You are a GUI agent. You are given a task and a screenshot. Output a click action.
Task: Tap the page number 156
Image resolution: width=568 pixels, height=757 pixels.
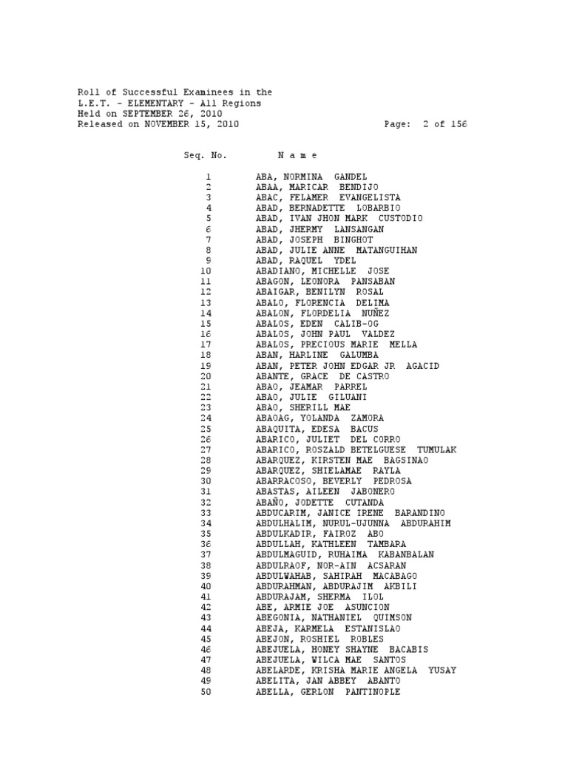[459, 125]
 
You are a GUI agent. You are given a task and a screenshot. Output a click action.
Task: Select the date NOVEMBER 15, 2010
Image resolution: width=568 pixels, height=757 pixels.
[192, 125]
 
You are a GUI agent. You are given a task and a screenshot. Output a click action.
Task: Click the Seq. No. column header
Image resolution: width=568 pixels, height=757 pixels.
[206, 156]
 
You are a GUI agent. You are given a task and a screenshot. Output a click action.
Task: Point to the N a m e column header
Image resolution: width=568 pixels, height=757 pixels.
[297, 156]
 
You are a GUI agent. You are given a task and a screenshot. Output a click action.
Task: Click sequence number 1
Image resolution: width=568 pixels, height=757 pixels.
[209, 177]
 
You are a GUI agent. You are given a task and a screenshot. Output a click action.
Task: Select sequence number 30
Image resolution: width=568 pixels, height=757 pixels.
[206, 481]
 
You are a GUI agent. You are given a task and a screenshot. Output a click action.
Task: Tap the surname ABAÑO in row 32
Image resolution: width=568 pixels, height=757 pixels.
[271, 502]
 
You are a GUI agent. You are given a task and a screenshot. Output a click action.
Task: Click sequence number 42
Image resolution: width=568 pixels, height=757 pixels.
[206, 607]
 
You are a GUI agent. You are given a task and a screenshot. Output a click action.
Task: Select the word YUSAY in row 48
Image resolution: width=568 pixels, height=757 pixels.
[442, 671]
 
